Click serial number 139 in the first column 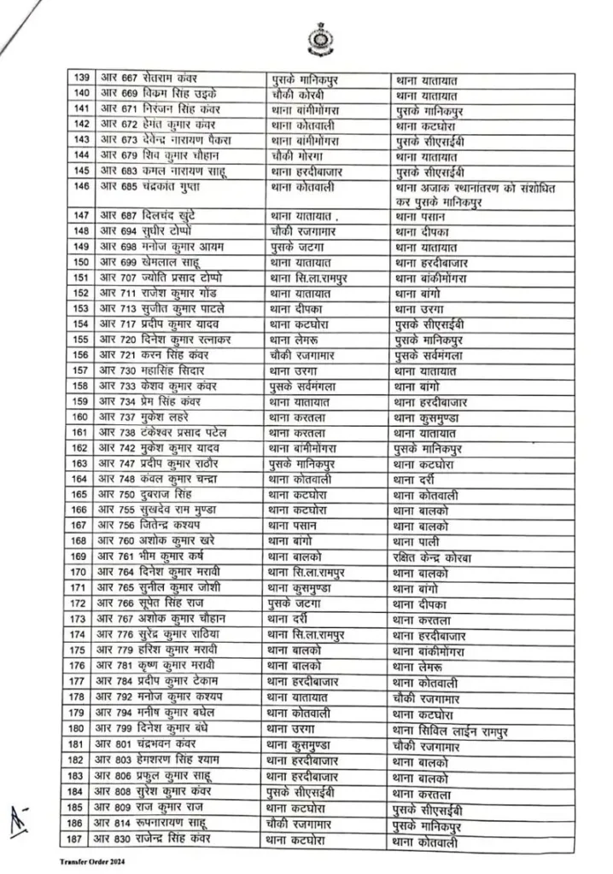tap(81, 78)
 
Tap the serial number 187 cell tap(81, 839)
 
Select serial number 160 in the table tap(81, 417)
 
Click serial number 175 tap(81, 650)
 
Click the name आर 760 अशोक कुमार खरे tap(155, 541)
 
